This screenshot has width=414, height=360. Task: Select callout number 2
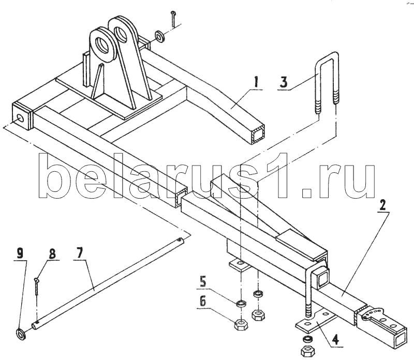tap(382, 204)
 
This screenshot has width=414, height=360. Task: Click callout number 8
tap(52, 254)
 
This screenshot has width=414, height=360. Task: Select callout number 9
tap(20, 253)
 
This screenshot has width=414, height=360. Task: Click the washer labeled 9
tap(21, 334)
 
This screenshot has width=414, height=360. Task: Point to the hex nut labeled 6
tap(241, 324)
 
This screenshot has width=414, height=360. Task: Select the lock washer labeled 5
tap(241, 304)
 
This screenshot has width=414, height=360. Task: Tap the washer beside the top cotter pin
tap(160, 36)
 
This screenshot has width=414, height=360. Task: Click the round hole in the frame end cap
tap(20, 118)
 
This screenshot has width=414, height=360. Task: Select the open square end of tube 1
tap(258, 134)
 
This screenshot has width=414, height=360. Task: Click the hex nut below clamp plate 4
tap(307, 351)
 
